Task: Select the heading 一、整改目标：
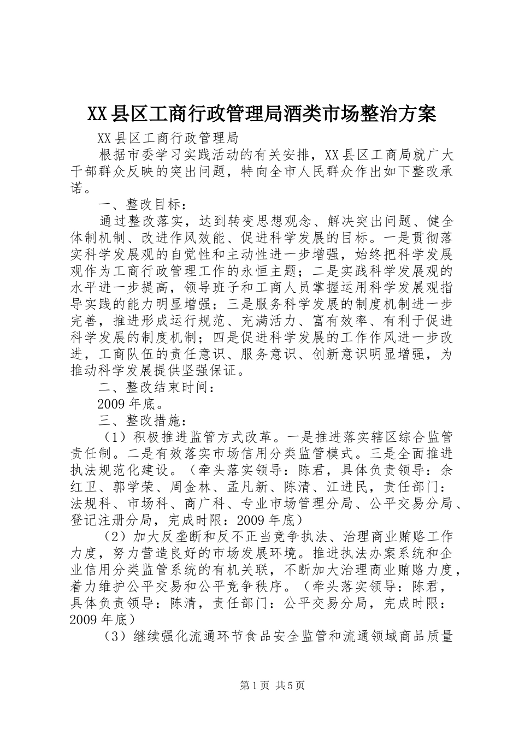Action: click(x=143, y=205)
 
